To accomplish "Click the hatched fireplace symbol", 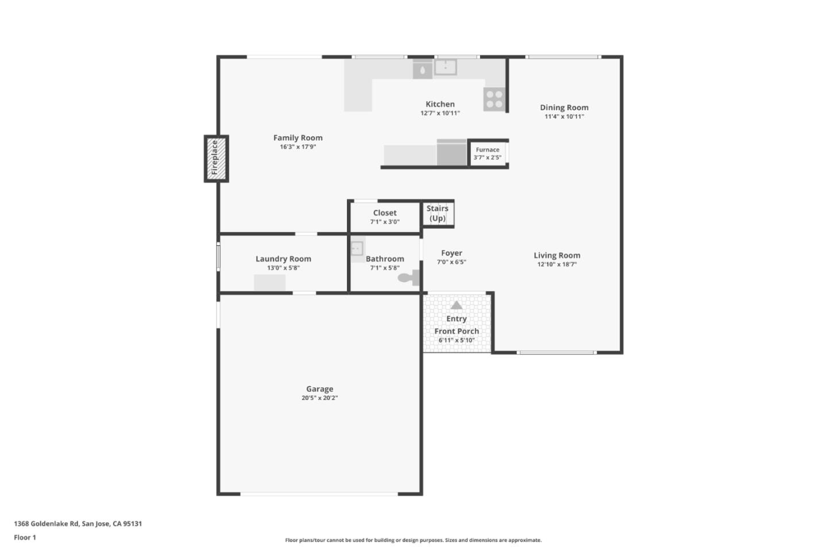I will tap(216, 159).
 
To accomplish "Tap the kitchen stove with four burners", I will tap(494, 99).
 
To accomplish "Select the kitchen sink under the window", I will tap(445, 67).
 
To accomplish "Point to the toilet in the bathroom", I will tap(408, 278).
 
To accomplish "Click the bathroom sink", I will tap(357, 248).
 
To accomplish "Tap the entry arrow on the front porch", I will tap(456, 305).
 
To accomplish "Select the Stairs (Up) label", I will tap(438, 213).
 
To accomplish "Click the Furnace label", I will tap(487, 149).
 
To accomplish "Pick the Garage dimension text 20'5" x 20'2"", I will tap(319, 398).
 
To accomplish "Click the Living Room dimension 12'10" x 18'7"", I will tap(557, 264).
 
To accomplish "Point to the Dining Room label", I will tap(564, 107).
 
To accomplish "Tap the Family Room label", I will tap(297, 138).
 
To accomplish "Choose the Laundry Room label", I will tap(283, 259).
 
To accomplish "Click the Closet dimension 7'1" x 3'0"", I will tap(385, 222).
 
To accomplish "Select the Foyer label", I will tap(451, 253).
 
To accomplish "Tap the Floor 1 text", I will tap(25, 537).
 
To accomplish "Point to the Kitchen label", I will tap(440, 104).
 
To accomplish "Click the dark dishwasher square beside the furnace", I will tap(451, 153).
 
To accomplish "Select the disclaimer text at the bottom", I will tap(413, 540).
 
